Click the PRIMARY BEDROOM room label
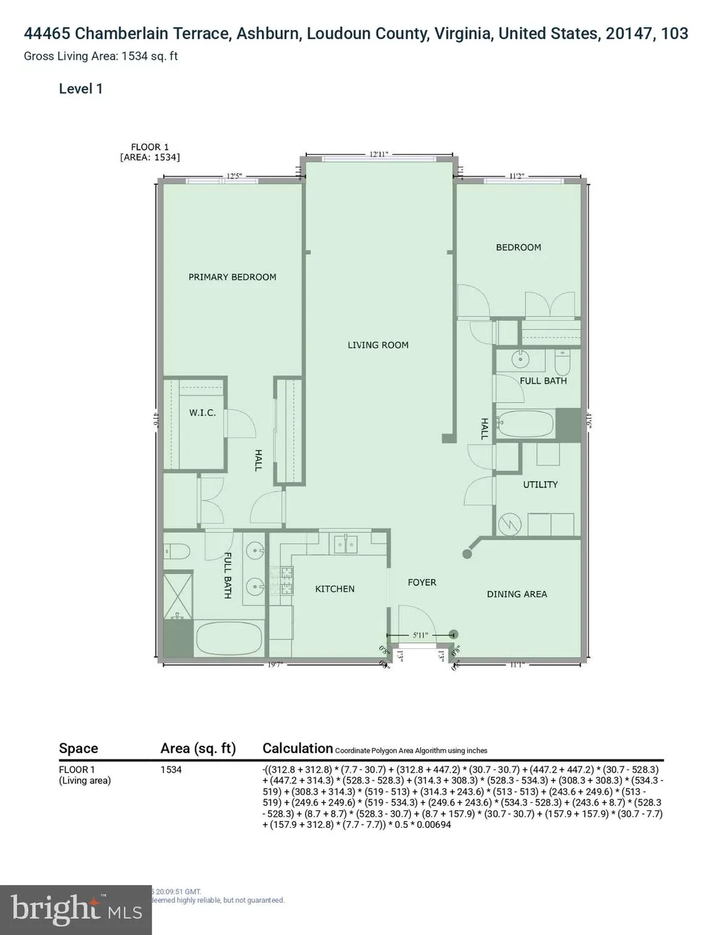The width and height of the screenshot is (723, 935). click(x=232, y=277)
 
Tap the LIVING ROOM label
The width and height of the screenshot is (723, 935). click(x=378, y=345)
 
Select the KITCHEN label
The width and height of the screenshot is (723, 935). click(x=334, y=589)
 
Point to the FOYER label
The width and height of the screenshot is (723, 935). click(x=422, y=583)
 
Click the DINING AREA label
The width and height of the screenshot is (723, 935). click(x=517, y=595)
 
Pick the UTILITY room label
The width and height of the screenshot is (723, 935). click(x=540, y=485)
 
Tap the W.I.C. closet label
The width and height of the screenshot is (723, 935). click(x=202, y=413)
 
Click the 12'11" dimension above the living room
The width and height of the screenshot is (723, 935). click(x=379, y=154)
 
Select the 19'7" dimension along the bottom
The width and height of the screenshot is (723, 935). click(x=275, y=664)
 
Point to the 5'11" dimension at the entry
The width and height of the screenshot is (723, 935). click(x=420, y=636)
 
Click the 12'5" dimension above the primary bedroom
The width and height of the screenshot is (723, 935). click(x=234, y=176)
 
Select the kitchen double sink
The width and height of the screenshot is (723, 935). click(x=344, y=544)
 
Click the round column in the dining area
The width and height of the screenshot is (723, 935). click(x=467, y=554)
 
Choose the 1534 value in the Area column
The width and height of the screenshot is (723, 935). click(x=171, y=770)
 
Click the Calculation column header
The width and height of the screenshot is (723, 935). click(x=298, y=749)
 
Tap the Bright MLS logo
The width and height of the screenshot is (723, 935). click(x=75, y=910)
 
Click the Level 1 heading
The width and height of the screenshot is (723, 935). click(x=80, y=89)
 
